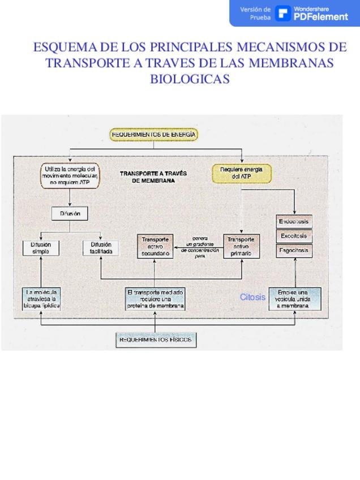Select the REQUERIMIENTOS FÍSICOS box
point(156,340)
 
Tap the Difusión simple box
point(41,248)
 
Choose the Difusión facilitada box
point(101,248)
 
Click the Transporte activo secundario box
point(155,247)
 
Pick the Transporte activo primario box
point(241,247)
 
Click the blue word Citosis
point(252,297)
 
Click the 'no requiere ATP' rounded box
point(70,175)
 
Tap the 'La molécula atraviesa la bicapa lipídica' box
point(41,298)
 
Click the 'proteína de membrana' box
point(155,298)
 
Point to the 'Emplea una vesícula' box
point(295,298)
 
